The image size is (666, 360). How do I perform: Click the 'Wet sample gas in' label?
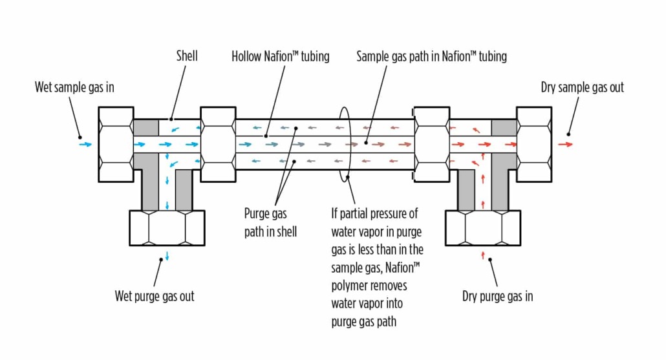point(74,87)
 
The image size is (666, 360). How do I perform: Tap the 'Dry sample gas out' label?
point(582,87)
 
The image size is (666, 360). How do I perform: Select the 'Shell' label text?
point(187,56)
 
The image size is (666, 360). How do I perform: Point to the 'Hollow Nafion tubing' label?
point(280,57)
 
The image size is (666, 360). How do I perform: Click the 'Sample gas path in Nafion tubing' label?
point(431,57)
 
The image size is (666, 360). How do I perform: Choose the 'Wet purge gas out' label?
point(155,297)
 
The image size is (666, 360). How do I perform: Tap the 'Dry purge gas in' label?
point(497,297)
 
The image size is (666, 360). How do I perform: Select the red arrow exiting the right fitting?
point(565,144)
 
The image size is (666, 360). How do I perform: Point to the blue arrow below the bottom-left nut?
point(167,256)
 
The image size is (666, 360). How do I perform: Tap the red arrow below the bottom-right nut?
point(483,256)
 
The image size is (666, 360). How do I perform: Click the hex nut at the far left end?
point(116,144)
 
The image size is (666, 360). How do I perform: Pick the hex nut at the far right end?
point(534,144)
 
